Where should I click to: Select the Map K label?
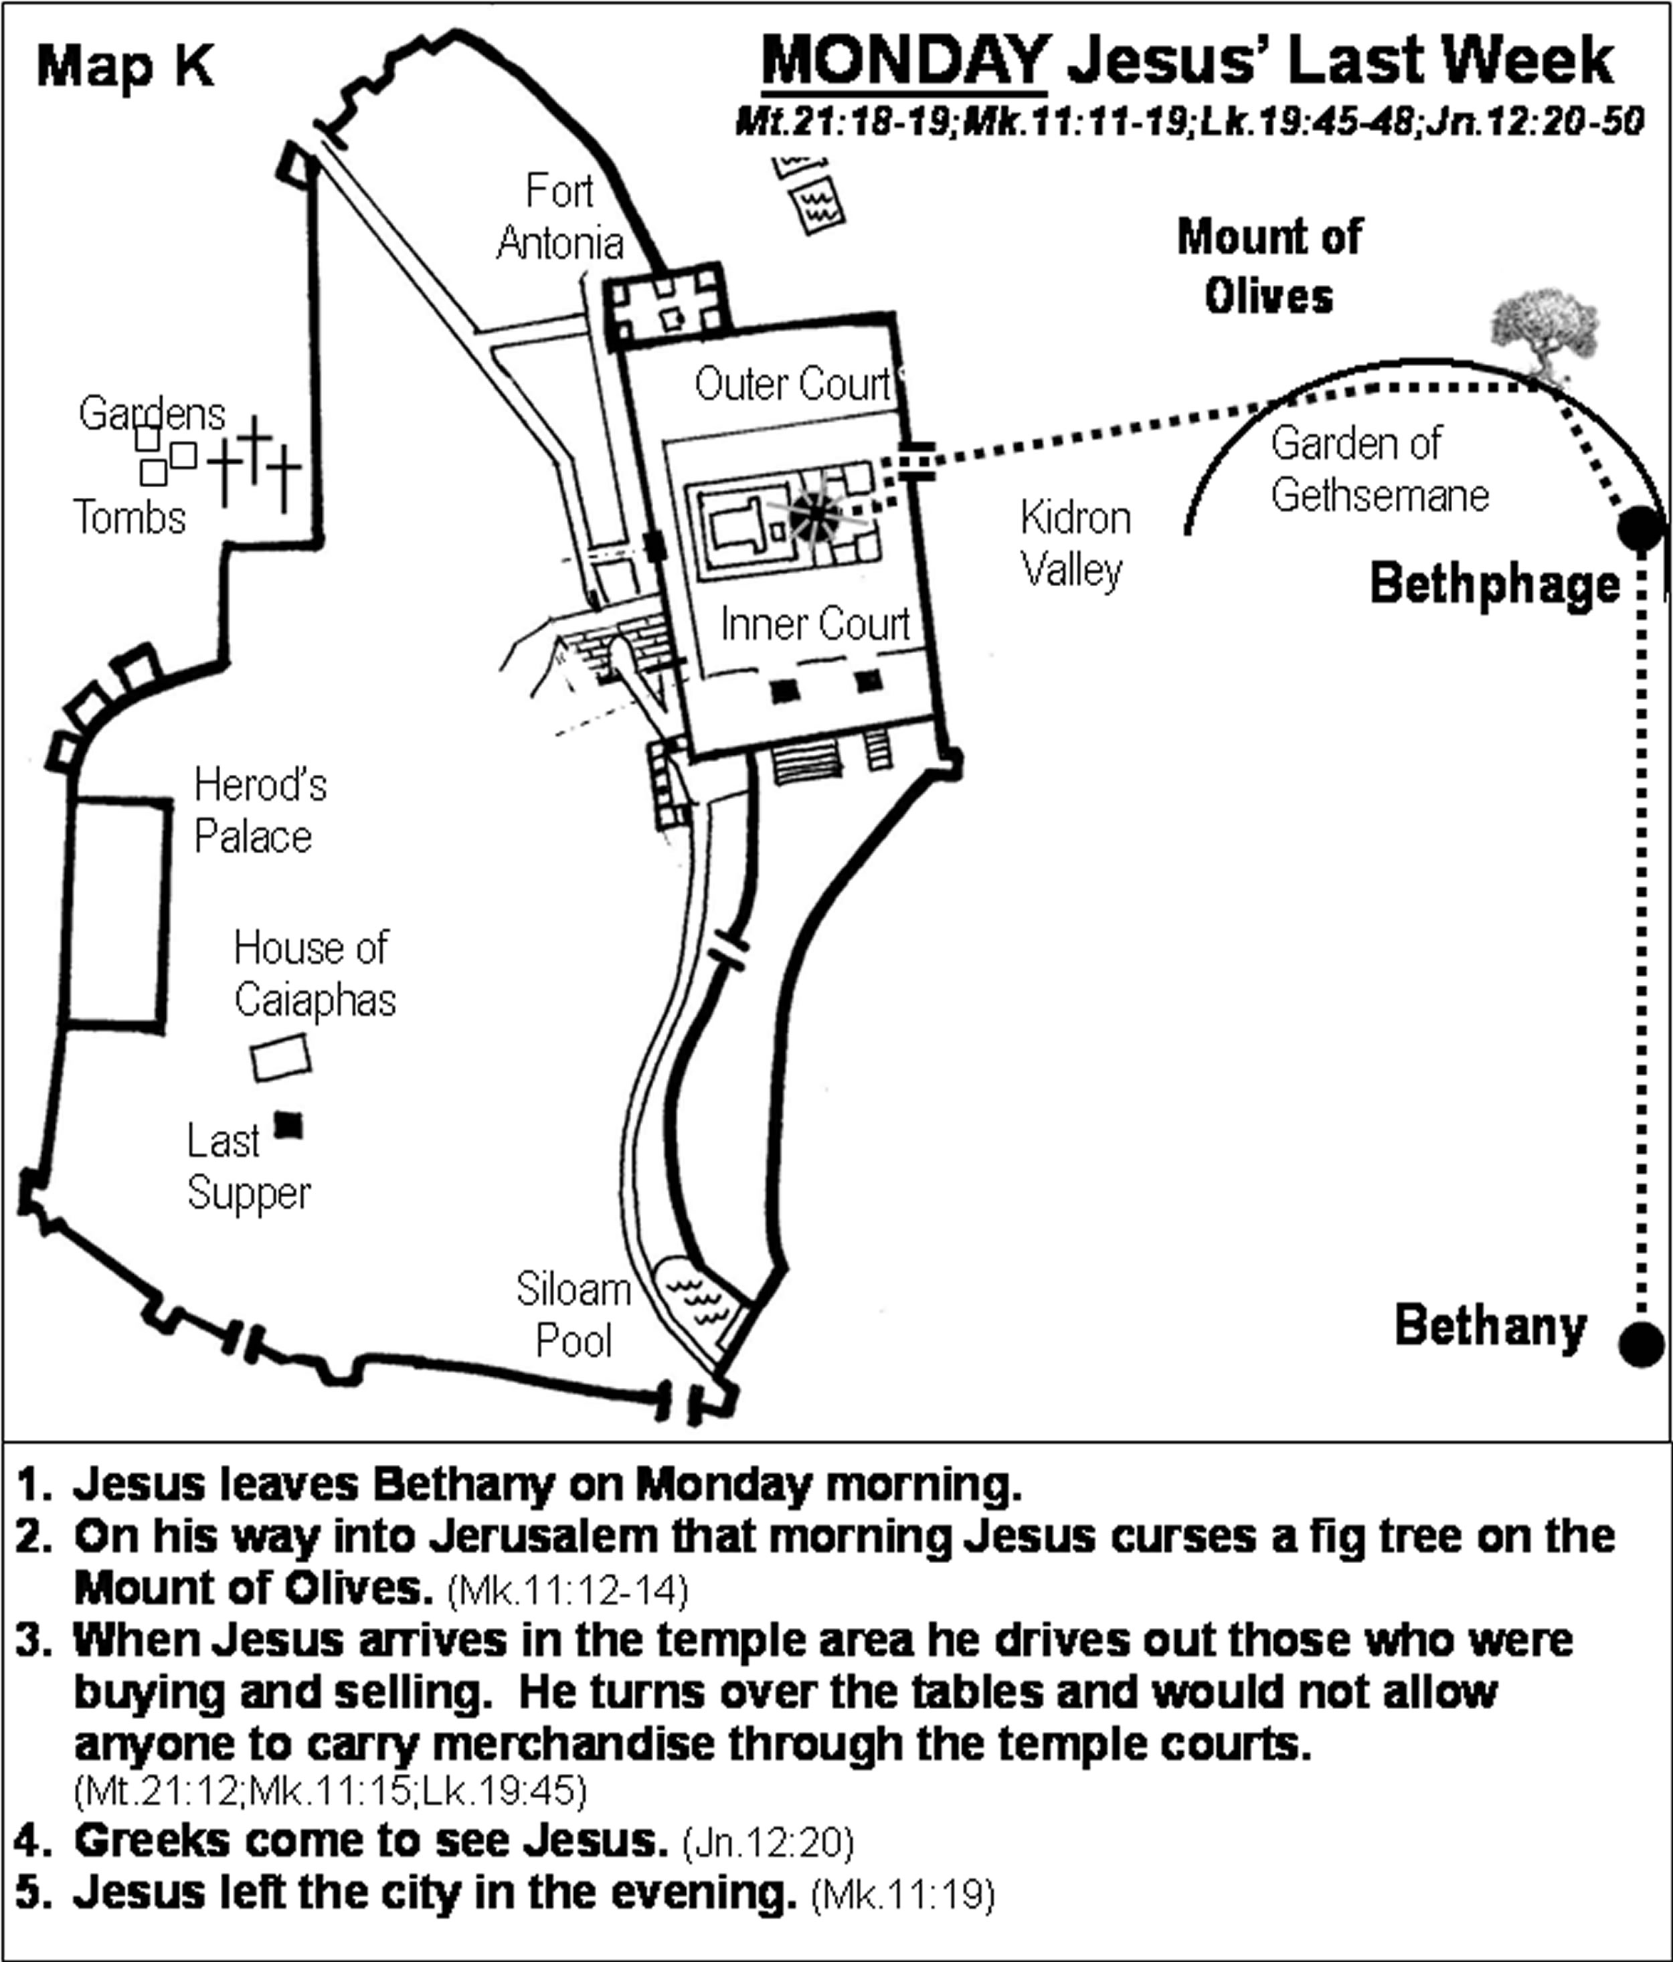coord(125,67)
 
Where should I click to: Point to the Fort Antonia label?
coord(559,217)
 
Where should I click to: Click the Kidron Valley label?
coord(1075,545)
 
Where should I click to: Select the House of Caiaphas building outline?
coord(281,1058)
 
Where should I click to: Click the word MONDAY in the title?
coord(904,62)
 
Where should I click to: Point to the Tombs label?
coord(130,518)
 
